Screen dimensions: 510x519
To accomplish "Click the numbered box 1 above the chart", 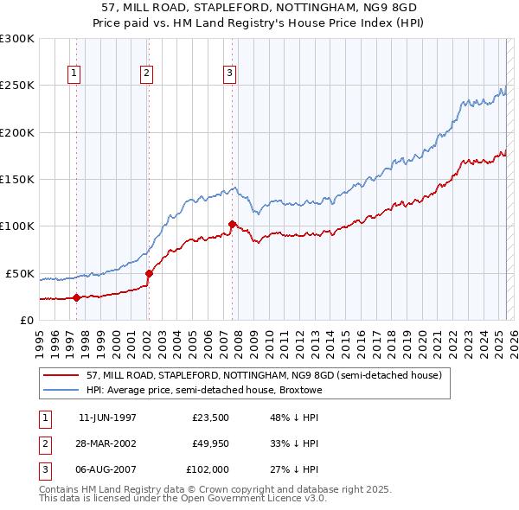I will tap(75, 74).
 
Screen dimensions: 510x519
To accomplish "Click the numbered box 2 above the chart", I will tap(147, 74).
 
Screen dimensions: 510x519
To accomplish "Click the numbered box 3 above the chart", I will tap(230, 74).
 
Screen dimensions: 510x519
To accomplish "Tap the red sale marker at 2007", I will tap(232, 225).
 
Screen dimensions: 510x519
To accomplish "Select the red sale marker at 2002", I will tap(149, 273).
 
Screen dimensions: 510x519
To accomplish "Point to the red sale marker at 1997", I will tap(76, 298).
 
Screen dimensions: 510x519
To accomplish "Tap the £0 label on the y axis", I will tap(26, 320).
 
